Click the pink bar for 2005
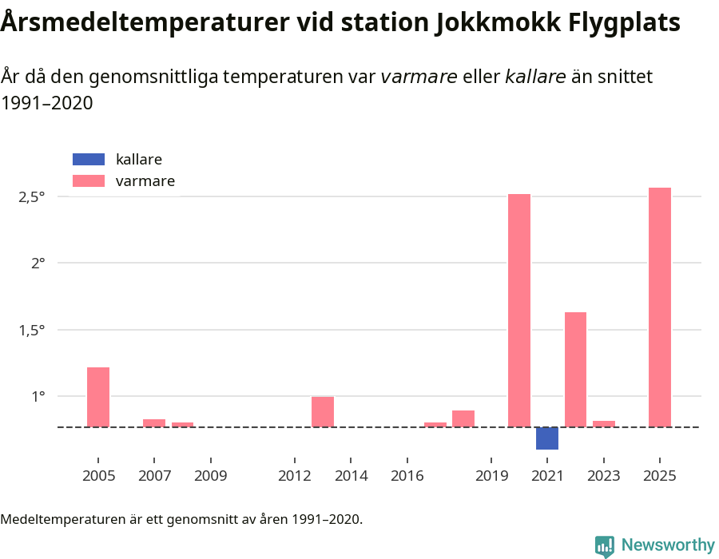coord(98,397)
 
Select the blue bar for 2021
coord(547,438)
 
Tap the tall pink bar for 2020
coord(519,311)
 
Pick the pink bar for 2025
coord(660,307)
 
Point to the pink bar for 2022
coord(575,370)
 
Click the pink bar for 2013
coord(323,412)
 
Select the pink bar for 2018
coord(463,418)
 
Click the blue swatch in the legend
coord(89,159)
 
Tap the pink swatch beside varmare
coord(89,181)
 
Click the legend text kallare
coord(138,159)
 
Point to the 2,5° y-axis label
coord(32,197)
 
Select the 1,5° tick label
coord(32,331)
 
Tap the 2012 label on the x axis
coord(295,476)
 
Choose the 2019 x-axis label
coord(491,476)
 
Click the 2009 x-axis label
coord(211,476)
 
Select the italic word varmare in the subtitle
coord(419,77)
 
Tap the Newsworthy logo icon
coord(605,545)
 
